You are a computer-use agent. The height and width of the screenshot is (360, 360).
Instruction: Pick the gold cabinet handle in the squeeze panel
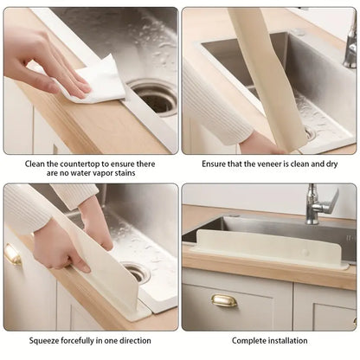coord(12,254)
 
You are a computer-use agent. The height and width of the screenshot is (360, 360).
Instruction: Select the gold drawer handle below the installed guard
coord(224,300)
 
